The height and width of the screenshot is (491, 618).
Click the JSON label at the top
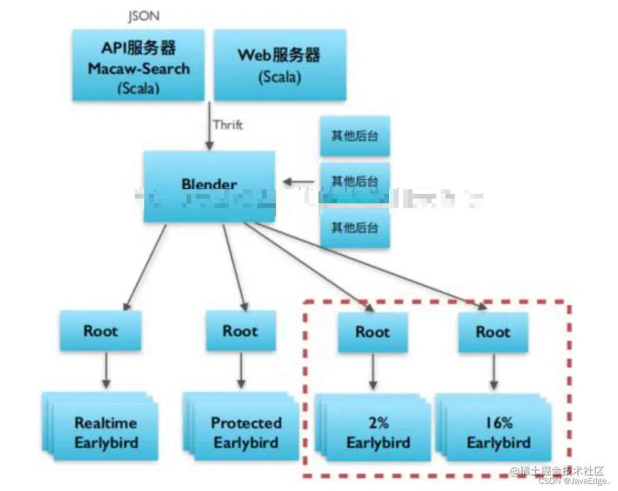point(144,17)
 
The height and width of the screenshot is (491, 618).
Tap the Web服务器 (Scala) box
point(279,65)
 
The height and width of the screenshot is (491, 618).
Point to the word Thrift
point(228,125)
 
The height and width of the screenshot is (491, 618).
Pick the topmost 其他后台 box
point(354,136)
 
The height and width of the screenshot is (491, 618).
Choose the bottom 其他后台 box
point(354,227)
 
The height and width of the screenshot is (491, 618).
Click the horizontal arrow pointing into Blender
point(299,182)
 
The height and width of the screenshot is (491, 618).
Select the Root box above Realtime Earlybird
point(101,331)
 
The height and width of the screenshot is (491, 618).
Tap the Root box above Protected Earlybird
point(240,331)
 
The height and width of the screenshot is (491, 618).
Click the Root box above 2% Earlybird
point(373,332)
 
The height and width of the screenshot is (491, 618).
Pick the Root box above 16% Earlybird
point(493,332)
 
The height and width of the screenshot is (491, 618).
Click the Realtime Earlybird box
point(106,433)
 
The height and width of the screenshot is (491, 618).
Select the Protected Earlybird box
point(246,433)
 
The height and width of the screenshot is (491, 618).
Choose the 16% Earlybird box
point(499,433)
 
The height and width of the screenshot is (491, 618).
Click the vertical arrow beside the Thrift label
point(208,125)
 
